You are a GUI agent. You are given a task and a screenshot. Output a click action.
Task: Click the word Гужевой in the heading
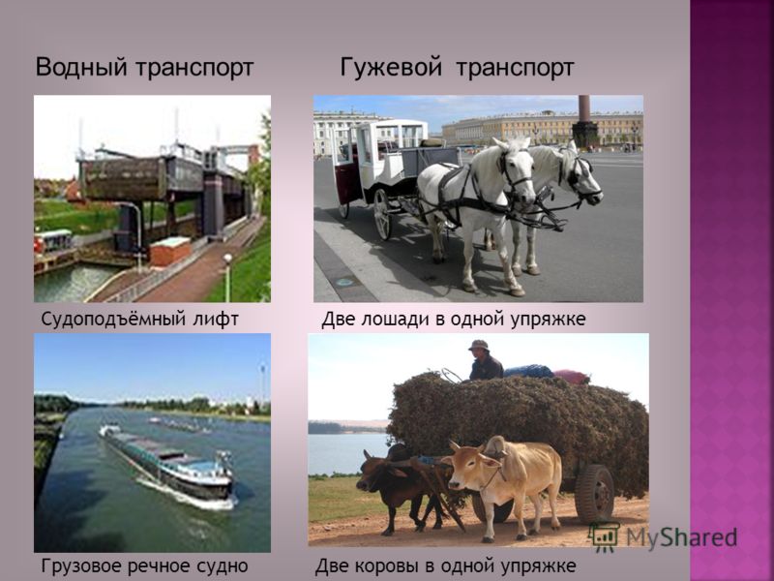pyautogui.click(x=391, y=67)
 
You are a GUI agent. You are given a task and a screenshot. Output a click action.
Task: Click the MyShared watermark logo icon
pyautogui.click(x=603, y=537)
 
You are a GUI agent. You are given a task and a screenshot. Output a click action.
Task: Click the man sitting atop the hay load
pyautogui.click(x=485, y=360)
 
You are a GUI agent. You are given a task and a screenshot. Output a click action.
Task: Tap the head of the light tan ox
pyautogui.click(x=468, y=464)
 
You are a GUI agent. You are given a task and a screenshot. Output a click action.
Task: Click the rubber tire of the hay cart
pyautogui.click(x=594, y=494)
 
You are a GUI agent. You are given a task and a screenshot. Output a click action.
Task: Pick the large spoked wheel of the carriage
pyautogui.click(x=381, y=214)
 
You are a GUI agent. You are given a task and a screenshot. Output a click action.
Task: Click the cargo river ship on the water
pyautogui.click(x=167, y=465)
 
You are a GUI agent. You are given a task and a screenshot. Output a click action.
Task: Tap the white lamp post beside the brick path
pyautogui.click(x=227, y=277)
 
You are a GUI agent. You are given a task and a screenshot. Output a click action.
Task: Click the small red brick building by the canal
pyautogui.click(x=170, y=251)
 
